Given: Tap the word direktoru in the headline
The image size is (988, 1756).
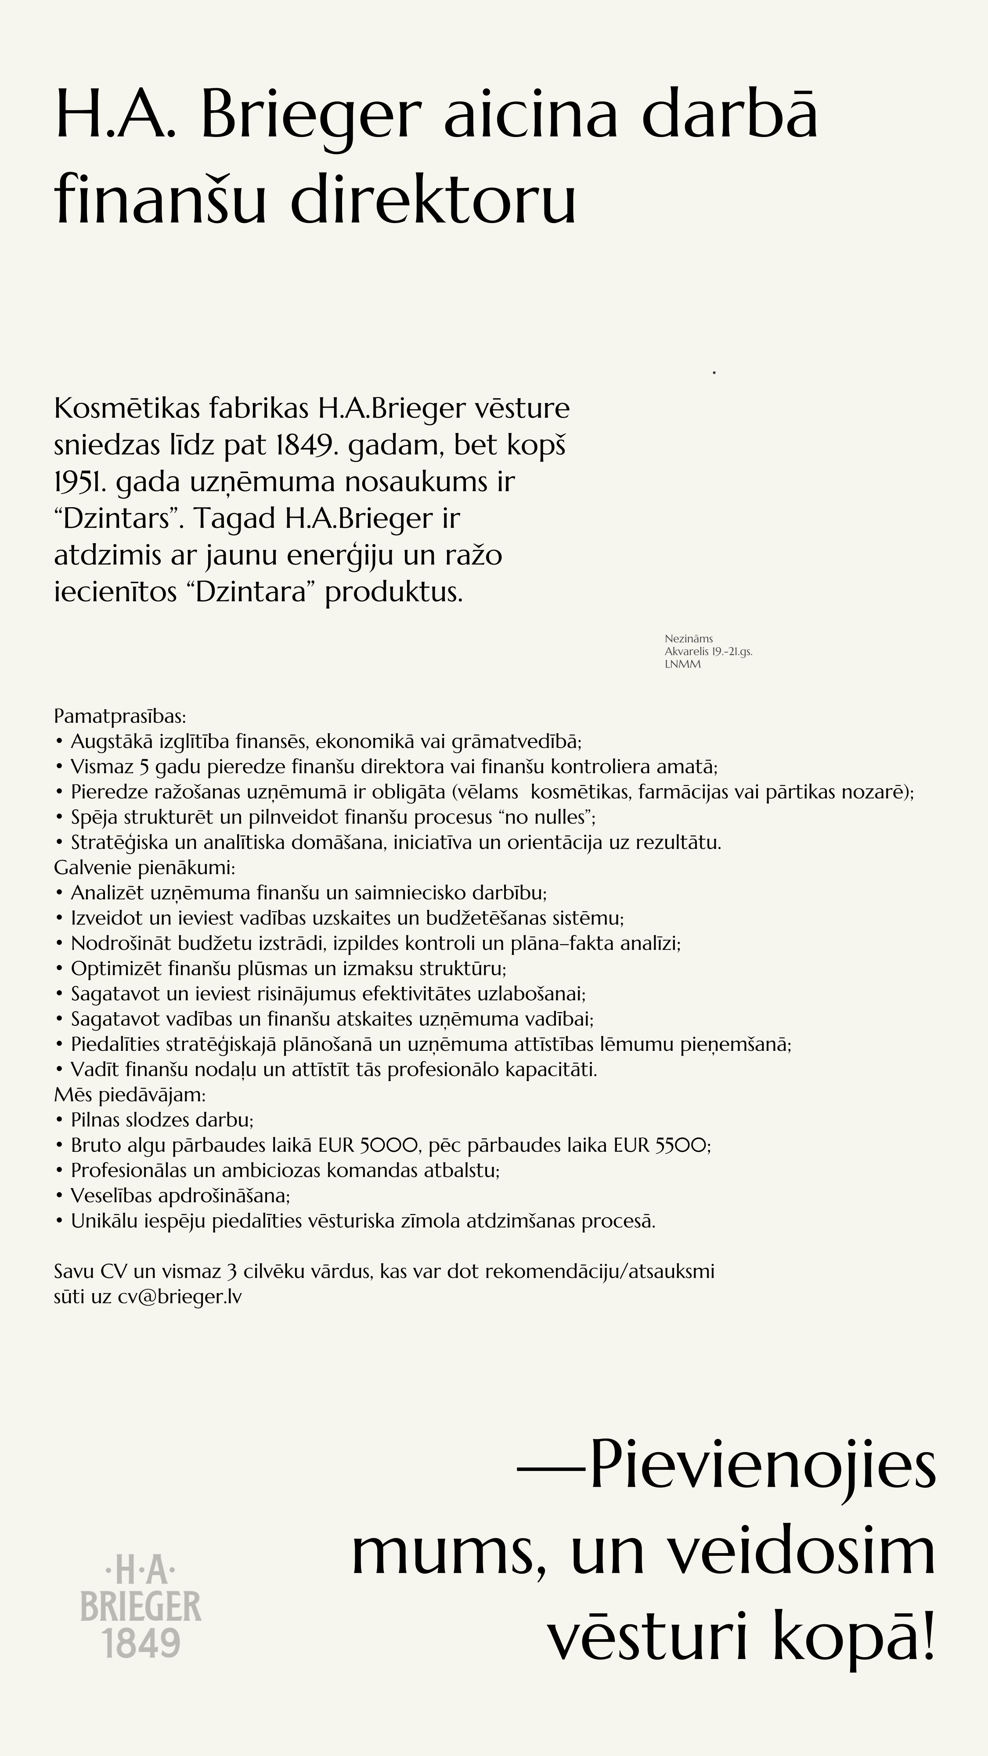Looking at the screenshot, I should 434,201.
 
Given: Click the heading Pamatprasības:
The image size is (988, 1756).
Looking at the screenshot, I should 120,717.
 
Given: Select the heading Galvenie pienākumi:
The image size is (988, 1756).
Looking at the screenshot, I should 144,868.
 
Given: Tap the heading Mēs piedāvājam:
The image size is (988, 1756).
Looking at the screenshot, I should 130,1095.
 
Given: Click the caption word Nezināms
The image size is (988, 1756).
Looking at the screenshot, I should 689,639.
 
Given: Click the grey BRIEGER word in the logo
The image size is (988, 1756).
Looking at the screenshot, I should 141,1607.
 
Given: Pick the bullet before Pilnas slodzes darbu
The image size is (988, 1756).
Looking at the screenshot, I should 59,1120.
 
